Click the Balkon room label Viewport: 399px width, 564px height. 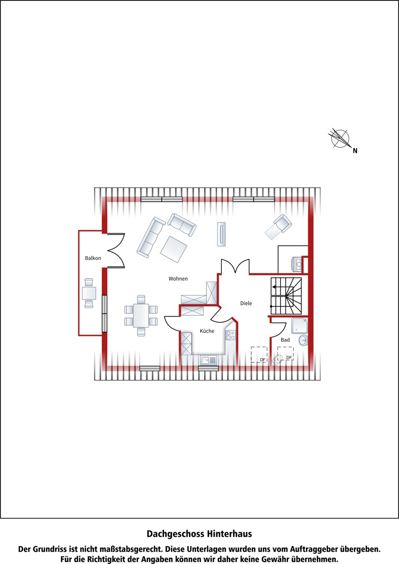[93, 258]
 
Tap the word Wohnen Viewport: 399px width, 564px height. [178, 279]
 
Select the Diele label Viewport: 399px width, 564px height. [246, 304]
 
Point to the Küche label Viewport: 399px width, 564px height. [207, 331]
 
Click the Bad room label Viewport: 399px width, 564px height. [285, 340]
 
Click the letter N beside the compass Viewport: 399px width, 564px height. [355, 151]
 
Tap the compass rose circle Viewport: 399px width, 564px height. [340, 139]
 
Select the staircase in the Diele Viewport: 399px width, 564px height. [286, 296]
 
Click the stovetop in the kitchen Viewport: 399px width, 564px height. [230, 335]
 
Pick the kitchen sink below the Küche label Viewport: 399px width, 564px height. [209, 360]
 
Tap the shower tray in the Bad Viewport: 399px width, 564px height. [299, 326]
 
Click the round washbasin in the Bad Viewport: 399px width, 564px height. [303, 340]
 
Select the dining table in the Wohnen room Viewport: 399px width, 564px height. [141, 315]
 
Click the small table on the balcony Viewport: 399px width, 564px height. [89, 293]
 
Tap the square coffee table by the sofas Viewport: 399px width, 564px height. [173, 249]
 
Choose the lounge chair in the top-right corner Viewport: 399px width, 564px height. [278, 227]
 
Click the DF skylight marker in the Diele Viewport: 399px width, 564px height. [259, 354]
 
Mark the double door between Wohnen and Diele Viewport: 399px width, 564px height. [235, 266]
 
